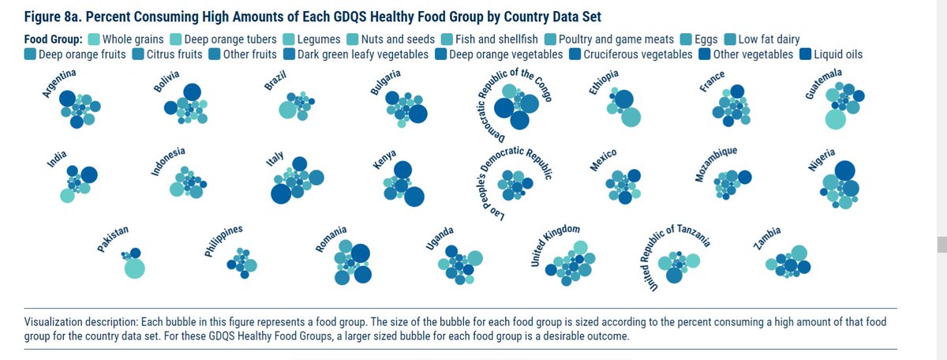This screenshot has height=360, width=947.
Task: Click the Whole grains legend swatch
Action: [94, 39]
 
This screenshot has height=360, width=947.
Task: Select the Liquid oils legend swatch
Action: [805, 54]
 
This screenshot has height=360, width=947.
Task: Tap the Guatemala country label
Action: [823, 84]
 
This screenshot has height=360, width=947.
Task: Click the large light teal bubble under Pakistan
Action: [135, 268]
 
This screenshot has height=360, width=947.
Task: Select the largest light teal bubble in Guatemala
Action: [835, 120]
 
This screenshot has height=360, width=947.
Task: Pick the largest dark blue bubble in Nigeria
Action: [845, 170]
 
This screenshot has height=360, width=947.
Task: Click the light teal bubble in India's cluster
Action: [68, 195]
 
